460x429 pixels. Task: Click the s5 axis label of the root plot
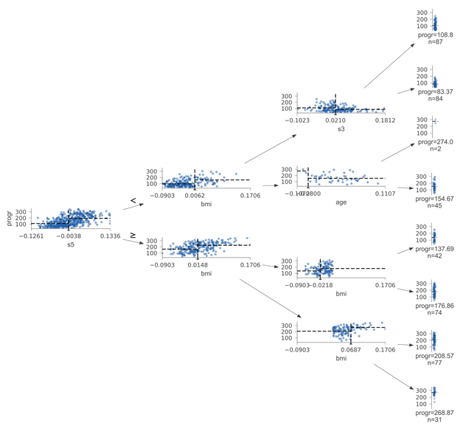pos(70,244)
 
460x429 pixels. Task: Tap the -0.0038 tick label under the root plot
pos(70,236)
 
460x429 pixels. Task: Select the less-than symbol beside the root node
pos(133,200)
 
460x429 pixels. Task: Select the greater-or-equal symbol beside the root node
pos(133,235)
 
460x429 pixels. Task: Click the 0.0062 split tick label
pos(195,195)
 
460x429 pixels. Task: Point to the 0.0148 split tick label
pos(198,264)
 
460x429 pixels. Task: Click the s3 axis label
pos(341,128)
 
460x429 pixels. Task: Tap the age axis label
pos(341,202)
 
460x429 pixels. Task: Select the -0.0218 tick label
pos(321,284)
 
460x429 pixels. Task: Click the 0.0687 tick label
pos(351,349)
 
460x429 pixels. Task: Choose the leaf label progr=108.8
pos(435,35)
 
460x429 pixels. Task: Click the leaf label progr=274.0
pos(435,142)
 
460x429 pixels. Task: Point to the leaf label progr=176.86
pos(435,304)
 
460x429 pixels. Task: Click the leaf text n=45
pos(435,207)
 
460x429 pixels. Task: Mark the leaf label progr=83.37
pos(435,92)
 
